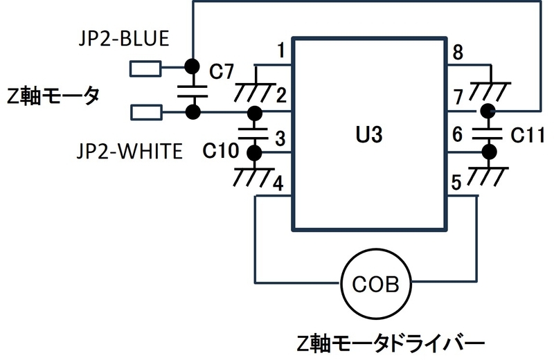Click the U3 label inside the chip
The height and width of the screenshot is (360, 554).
coord(369,134)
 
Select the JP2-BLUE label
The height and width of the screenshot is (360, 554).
coord(124,38)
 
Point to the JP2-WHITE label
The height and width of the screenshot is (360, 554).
coord(129,151)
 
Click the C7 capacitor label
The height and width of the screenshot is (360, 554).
coord(222,71)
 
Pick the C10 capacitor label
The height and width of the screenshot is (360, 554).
coord(220,151)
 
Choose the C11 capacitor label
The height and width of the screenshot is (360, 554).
coord(528,135)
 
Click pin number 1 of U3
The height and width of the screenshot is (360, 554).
coord(281,50)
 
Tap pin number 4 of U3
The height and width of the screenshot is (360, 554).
coord(278,183)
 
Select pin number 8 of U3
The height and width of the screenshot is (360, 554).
coord(458,53)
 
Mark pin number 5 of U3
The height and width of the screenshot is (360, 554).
coord(456,183)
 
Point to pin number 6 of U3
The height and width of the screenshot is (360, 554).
coord(457,134)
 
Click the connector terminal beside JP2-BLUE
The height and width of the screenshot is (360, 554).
coord(145,69)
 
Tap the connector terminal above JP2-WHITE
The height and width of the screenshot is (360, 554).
coord(146,112)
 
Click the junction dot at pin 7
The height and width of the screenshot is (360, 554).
coord(488,111)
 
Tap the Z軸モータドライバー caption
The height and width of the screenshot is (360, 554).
coord(391,344)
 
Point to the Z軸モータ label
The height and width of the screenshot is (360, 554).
coord(53,96)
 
